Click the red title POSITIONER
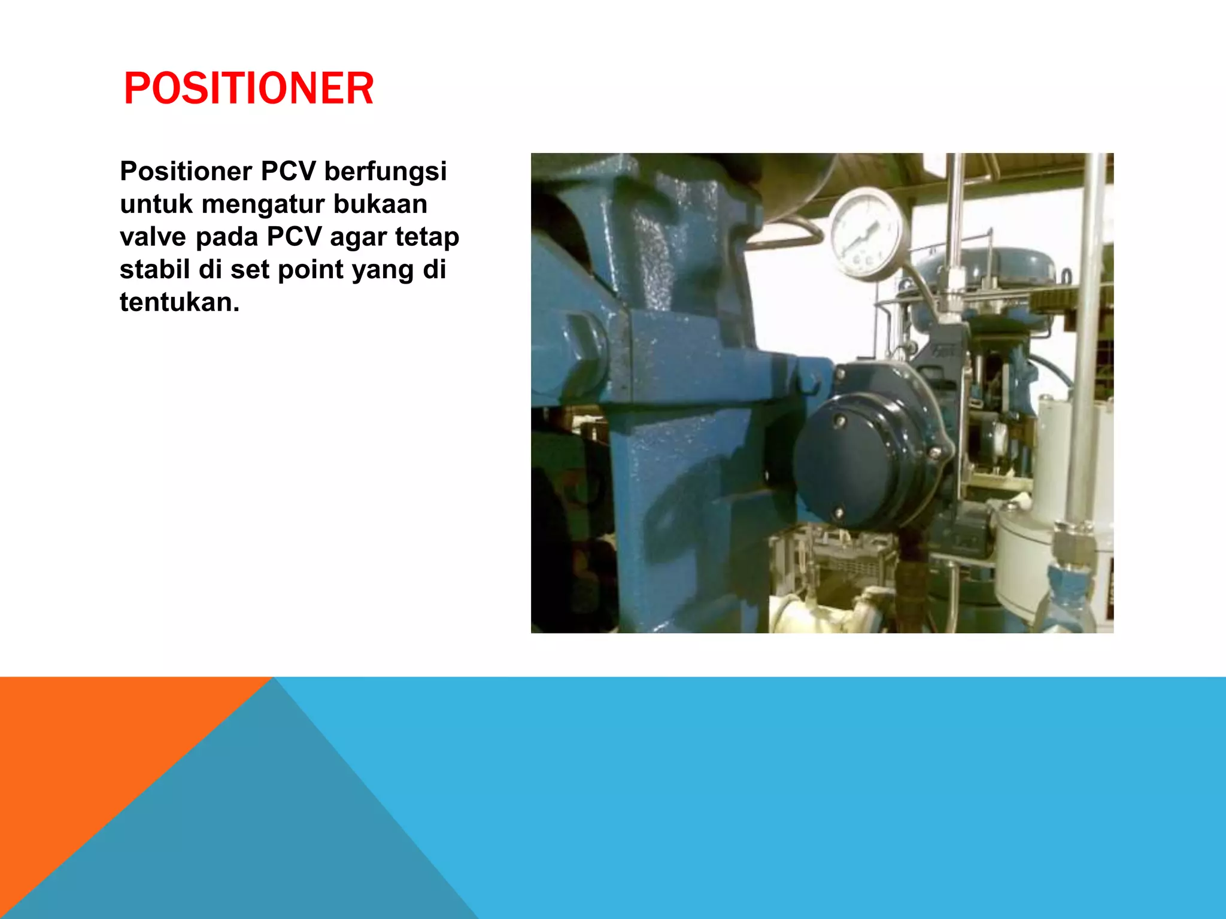click(248, 89)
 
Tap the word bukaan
click(380, 205)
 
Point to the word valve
click(153, 237)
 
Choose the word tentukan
click(179, 303)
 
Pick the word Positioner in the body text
click(186, 172)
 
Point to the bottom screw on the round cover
click(839, 513)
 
